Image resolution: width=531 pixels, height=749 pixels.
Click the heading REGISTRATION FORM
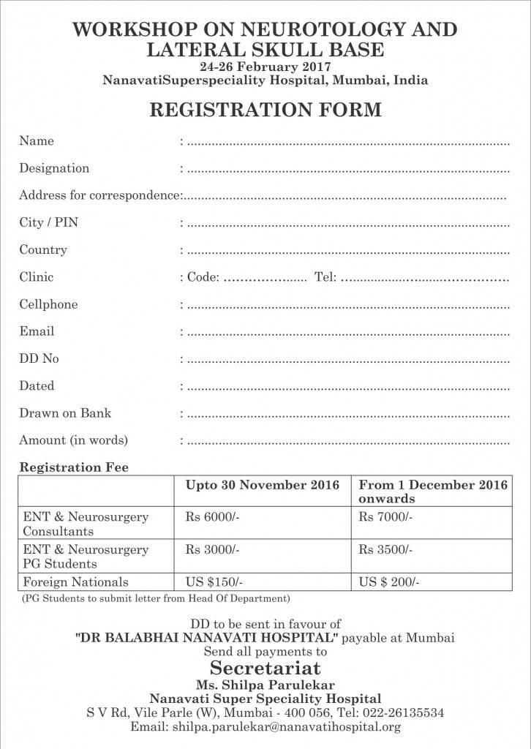pyautogui.click(x=265, y=110)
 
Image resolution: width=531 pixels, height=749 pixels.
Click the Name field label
pyautogui.click(x=37, y=141)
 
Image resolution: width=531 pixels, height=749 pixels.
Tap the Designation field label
pyautogui.click(x=54, y=168)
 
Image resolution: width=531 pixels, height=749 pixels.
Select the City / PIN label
pyautogui.click(x=48, y=222)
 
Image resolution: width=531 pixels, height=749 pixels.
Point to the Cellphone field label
pyautogui.click(x=48, y=304)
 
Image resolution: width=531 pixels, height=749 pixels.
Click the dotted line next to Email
pyautogui.click(x=348, y=333)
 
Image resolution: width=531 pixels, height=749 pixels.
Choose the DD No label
pyautogui.click(x=39, y=358)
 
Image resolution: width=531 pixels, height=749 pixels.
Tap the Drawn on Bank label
pyautogui.click(x=65, y=413)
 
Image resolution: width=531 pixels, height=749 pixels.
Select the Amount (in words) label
pyautogui.click(x=73, y=440)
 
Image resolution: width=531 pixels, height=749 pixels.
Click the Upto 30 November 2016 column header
pyautogui.click(x=263, y=485)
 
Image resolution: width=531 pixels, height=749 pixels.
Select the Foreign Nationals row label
pyautogui.click(x=75, y=582)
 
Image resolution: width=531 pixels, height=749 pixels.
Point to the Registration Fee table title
pyautogui.click(x=74, y=467)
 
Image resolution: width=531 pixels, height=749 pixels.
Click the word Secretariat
pyautogui.click(x=265, y=668)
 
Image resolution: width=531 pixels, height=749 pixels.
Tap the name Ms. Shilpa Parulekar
pyautogui.click(x=265, y=685)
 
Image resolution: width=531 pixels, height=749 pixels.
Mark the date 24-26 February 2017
pyautogui.click(x=265, y=67)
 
